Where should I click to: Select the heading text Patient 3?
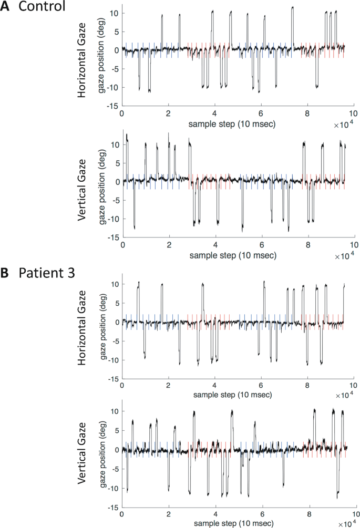tap(45, 273)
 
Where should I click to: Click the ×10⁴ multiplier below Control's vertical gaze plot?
tap(344, 255)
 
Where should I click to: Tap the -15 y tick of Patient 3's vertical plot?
tap(111, 509)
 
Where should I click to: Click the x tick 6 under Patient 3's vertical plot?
tap(261, 515)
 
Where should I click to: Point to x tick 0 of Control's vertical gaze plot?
tap(122, 245)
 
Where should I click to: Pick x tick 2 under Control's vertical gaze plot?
tap(169, 245)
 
